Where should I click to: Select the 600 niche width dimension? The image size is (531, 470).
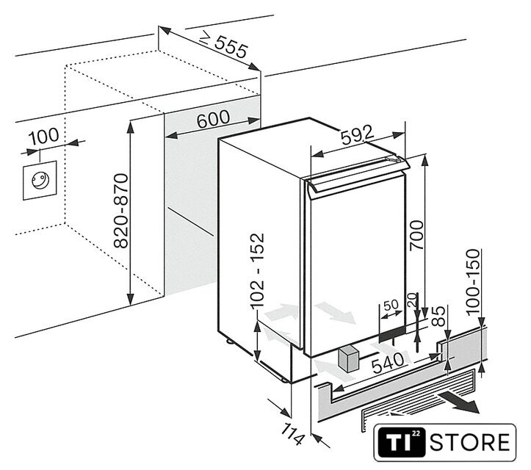[x=213, y=119]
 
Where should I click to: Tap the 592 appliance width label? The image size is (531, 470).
[x=357, y=134]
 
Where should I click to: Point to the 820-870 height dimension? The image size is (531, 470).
[x=121, y=210]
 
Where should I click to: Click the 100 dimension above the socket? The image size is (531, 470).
[x=43, y=135]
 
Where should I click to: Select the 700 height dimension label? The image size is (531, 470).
[x=416, y=235]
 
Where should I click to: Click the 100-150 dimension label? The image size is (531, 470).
[x=473, y=282]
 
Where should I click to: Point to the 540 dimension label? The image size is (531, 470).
[x=388, y=362]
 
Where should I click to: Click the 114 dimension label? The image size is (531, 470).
[x=292, y=433]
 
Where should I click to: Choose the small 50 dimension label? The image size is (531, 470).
[x=391, y=305]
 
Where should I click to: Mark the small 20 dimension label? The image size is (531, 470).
[x=412, y=300]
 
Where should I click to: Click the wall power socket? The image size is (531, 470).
[x=40, y=181]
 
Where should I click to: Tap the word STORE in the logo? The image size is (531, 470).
[x=470, y=441]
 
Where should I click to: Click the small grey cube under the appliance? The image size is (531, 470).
[x=348, y=360]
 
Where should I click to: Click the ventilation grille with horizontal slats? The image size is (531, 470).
[x=418, y=399]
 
